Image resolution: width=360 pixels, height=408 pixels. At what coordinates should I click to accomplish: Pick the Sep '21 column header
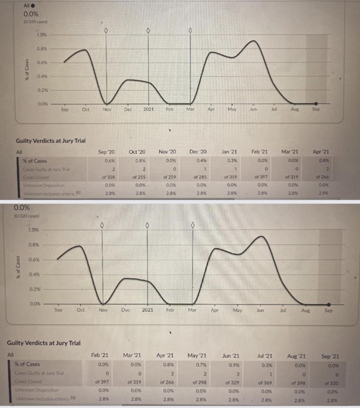click(x=330, y=356)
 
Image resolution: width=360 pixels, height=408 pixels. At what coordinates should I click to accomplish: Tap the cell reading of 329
click(x=231, y=381)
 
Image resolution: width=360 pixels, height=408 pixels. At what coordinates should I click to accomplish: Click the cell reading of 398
click(x=298, y=381)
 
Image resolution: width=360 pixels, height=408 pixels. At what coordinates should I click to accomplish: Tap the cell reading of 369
click(x=265, y=381)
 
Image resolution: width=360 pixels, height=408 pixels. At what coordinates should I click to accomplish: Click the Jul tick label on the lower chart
click(x=283, y=310)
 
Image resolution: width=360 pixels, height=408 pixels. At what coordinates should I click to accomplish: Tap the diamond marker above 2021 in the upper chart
click(x=148, y=30)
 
